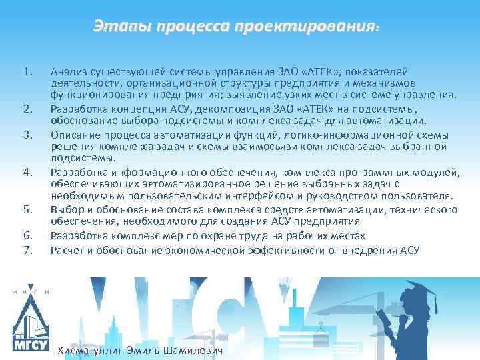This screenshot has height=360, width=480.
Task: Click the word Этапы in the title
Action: [122, 27]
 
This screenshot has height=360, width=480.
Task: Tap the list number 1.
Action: [27, 72]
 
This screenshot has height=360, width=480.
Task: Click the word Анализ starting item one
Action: [69, 72]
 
